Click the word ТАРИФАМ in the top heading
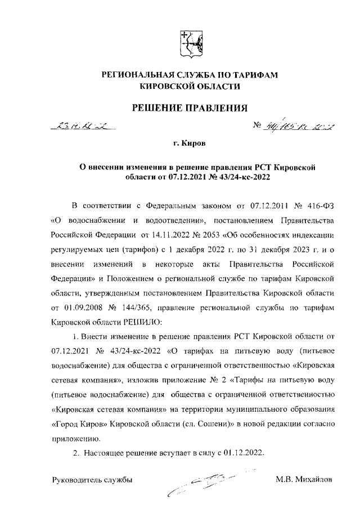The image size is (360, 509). (x=253, y=75)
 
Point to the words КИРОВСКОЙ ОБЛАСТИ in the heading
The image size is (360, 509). (x=189, y=87)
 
